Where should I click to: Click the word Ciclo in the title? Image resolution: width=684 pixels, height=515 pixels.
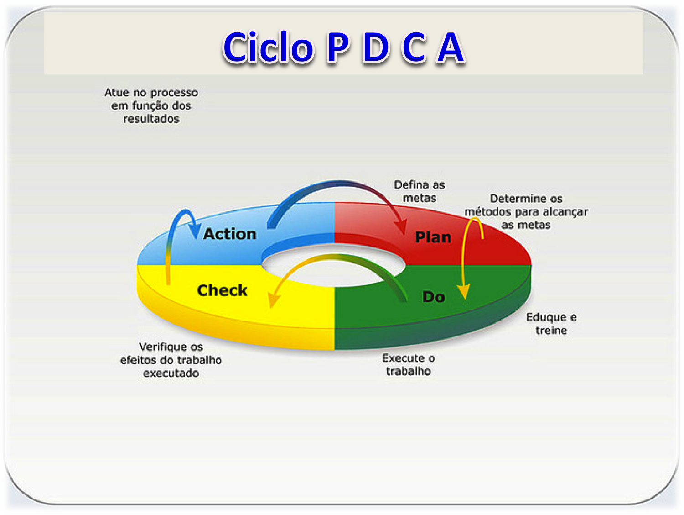[268, 47]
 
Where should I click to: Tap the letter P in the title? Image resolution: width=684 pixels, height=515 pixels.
[338, 47]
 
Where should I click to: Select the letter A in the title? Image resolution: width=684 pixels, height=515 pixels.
[450, 47]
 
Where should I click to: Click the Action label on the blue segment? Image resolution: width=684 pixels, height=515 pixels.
[230, 234]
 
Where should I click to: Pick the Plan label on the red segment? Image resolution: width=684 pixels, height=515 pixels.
[433, 237]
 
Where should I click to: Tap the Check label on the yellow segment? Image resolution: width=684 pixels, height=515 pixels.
[222, 290]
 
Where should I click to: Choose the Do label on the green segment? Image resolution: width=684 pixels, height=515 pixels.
[433, 297]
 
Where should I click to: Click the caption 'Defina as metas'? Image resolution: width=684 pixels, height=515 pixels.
[420, 191]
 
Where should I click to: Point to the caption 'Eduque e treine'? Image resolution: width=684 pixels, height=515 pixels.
[551, 324]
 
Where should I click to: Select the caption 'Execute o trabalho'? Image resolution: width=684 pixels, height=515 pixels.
[409, 364]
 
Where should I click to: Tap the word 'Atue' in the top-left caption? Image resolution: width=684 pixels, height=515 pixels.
[117, 93]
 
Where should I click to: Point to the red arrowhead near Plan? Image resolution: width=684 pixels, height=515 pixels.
[401, 226]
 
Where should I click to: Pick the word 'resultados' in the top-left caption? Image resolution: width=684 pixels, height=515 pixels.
[151, 119]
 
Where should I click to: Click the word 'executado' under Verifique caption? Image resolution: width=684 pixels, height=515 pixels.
[171, 373]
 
